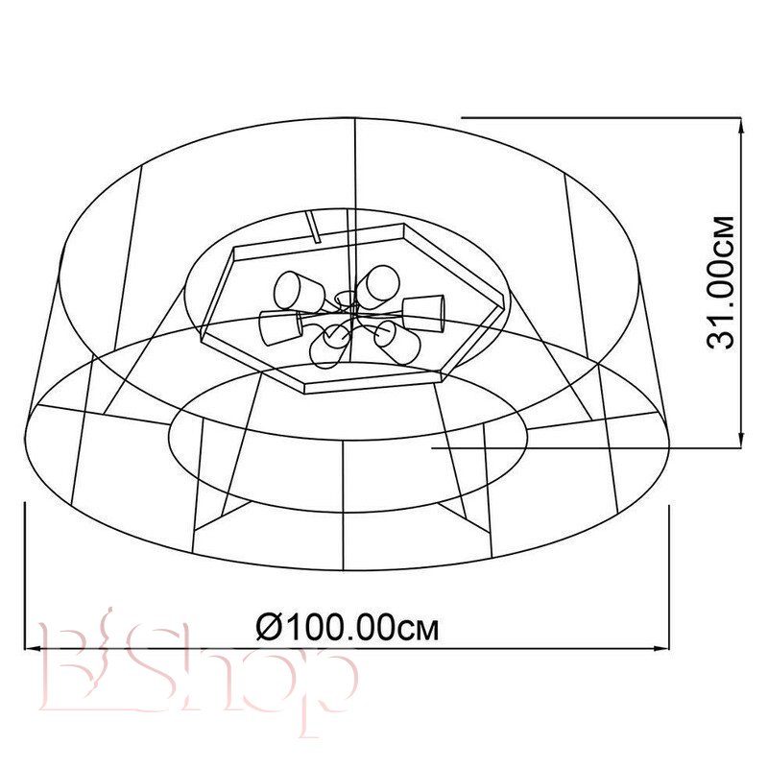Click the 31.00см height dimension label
pos(720,282)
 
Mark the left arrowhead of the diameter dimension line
pos(33,649)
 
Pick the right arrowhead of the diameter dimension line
pos(661,649)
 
